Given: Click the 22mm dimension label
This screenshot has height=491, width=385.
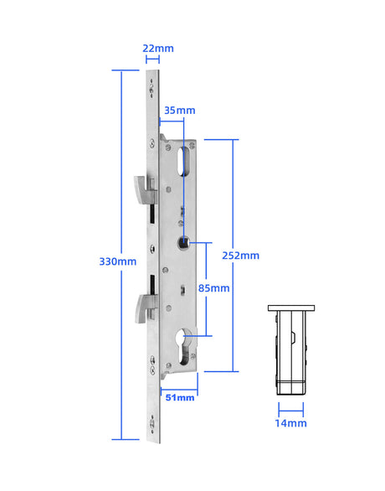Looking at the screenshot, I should (x=158, y=48).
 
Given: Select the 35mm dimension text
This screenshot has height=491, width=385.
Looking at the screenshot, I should (x=179, y=110).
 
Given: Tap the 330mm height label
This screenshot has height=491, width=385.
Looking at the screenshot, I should (x=116, y=261).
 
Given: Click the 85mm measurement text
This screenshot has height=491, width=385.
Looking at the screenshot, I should (x=213, y=288).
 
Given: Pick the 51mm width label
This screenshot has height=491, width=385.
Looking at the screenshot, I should (x=179, y=397).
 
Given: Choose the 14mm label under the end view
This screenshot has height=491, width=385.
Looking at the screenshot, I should (x=291, y=423).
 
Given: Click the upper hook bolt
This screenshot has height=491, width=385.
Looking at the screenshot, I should (x=143, y=188).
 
